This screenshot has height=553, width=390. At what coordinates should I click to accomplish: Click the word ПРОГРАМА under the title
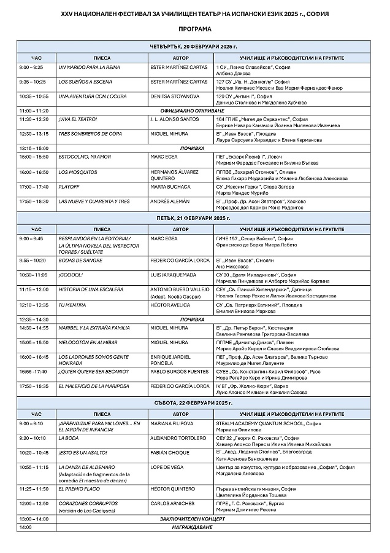point(195,29)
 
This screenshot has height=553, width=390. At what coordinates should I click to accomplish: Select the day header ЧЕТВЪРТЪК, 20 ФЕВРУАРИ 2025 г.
point(194,47)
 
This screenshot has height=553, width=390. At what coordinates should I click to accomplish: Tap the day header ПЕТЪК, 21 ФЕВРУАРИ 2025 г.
point(194,218)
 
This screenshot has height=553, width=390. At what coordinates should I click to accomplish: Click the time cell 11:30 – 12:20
point(34,119)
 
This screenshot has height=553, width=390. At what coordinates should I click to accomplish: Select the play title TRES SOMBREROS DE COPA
point(86,133)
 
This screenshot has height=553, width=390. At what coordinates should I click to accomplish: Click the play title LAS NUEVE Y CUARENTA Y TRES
point(94,201)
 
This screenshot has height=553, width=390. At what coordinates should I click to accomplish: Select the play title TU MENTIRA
point(72,304)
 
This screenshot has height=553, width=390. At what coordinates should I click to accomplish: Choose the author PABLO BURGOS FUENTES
point(180,372)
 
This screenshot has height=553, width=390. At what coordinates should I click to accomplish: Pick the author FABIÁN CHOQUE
point(169,452)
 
